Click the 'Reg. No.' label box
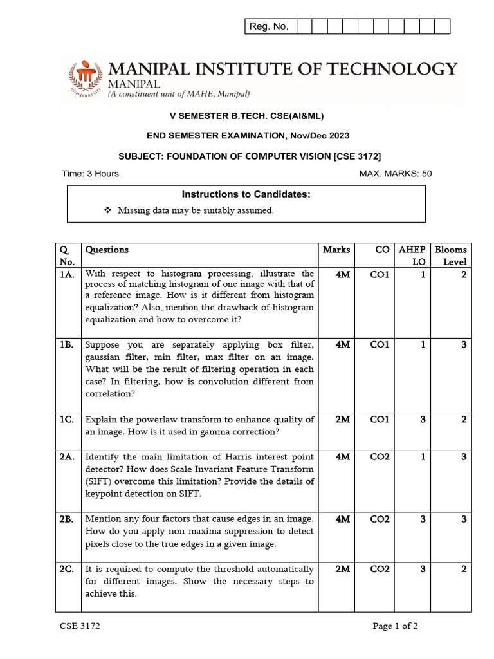pos(270,26)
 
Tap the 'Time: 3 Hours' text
pos(90,174)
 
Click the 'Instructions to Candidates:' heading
pos(246,194)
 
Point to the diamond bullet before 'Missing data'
pos(107,210)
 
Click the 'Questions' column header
pos(107,250)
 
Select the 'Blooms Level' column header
pos(450,255)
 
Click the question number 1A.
pos(66,274)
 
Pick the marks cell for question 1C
pos(342,420)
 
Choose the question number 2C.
pos(66,569)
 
